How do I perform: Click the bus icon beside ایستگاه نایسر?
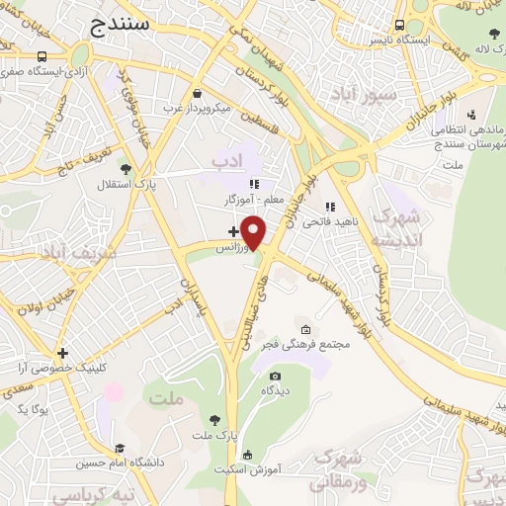tap(399, 25)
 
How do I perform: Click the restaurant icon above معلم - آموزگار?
tap(253, 183)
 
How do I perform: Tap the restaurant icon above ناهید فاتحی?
tap(329, 207)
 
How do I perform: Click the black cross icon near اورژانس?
tap(233, 231)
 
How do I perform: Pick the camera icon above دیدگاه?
tap(275, 376)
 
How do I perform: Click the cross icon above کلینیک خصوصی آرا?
tap(62, 352)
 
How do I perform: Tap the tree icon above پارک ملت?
tap(214, 419)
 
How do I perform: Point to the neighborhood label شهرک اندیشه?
tap(399, 227)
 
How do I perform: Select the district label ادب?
tap(226, 160)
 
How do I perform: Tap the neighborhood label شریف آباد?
tap(78, 253)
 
